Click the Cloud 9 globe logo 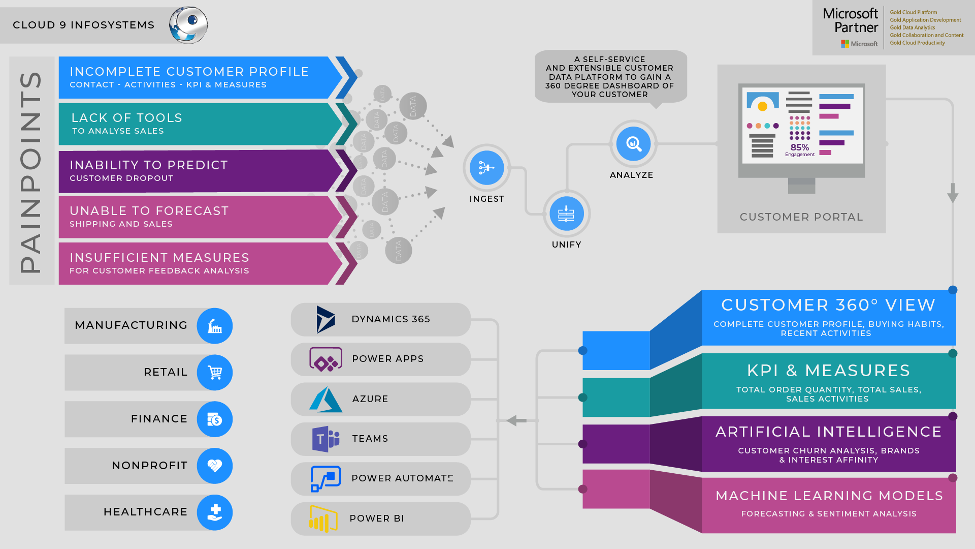[x=188, y=25]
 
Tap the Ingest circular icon [x=486, y=168]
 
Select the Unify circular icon [x=566, y=213]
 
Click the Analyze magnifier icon [x=633, y=144]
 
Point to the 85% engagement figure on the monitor [x=800, y=147]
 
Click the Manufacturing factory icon [x=215, y=326]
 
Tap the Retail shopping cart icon [x=215, y=373]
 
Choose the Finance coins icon [x=215, y=419]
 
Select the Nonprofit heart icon [x=215, y=466]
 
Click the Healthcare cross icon [x=215, y=512]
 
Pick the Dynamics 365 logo [x=325, y=320]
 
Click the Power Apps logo [x=326, y=359]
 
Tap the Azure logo [x=326, y=400]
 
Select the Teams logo [x=326, y=439]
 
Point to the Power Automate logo [x=326, y=479]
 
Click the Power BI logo [x=323, y=518]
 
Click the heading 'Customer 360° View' [x=828, y=305]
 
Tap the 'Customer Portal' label [x=801, y=217]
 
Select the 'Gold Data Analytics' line [x=912, y=28]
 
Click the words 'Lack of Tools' [x=127, y=118]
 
